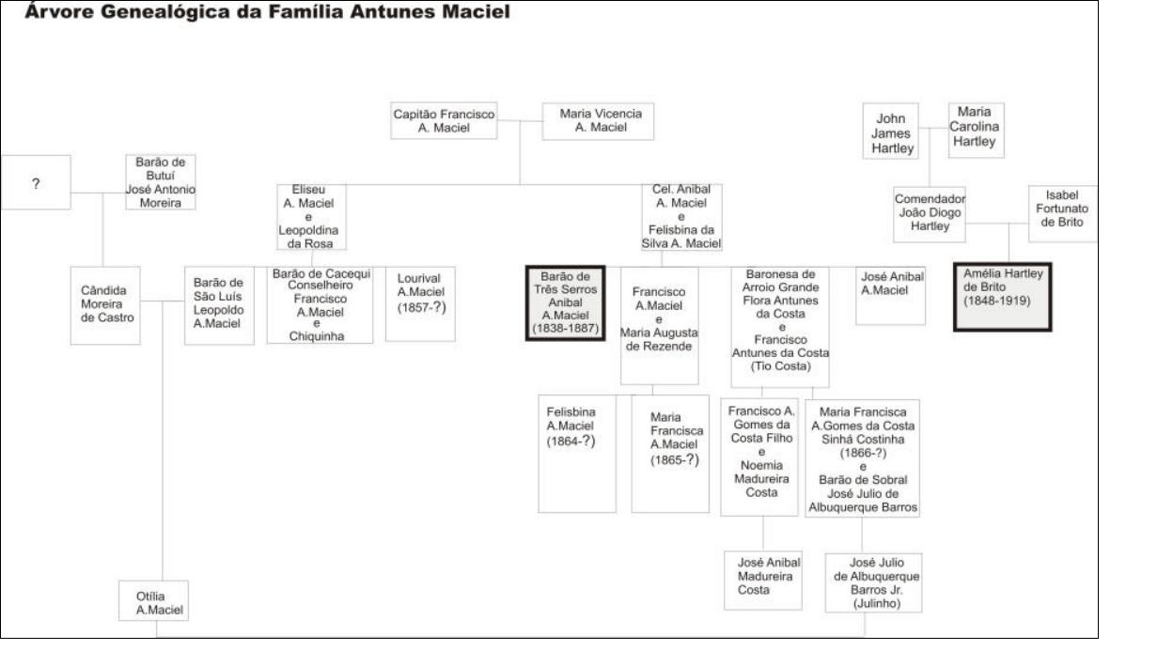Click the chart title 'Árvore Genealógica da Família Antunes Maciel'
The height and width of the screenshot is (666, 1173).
click(268, 11)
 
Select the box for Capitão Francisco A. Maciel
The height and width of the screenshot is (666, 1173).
click(444, 121)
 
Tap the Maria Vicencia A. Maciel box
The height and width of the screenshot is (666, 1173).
click(598, 121)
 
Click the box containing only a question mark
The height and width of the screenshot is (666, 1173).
click(36, 182)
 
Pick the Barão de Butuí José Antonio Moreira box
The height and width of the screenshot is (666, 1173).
click(160, 182)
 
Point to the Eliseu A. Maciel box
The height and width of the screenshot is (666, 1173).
click(312, 217)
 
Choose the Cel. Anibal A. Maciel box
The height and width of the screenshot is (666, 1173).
click(681, 217)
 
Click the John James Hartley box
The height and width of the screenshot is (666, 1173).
click(891, 131)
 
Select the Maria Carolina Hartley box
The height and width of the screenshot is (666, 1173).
click(977, 131)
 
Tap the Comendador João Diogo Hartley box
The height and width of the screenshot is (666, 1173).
click(930, 214)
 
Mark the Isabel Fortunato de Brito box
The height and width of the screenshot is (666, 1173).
click(1063, 213)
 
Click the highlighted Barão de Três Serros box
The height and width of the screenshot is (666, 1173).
click(566, 302)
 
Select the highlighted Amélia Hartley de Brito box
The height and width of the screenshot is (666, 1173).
click(1003, 297)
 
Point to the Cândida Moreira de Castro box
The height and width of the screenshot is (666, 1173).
click(105, 305)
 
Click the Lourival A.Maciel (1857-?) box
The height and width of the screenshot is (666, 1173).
click(420, 304)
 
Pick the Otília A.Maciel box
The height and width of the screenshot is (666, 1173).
click(153, 600)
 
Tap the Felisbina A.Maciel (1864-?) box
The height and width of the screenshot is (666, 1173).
click(577, 454)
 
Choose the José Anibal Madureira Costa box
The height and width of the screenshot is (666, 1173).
click(763, 581)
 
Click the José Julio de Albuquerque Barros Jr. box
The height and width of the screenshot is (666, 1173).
click(873, 582)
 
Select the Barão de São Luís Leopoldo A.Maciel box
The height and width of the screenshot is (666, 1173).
click(219, 305)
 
